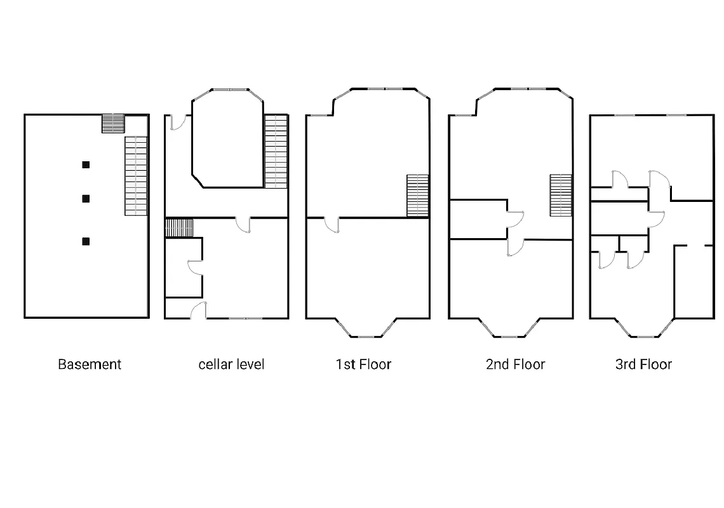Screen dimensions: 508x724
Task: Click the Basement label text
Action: coord(90,364)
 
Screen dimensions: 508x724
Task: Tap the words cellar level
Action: coord(231,364)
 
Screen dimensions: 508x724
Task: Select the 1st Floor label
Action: coord(363,364)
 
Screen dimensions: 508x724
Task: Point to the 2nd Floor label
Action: coord(515,364)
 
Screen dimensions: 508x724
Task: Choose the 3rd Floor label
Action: coord(643,364)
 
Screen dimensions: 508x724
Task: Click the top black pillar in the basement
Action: coord(86,165)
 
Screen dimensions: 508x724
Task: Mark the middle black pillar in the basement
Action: coord(86,199)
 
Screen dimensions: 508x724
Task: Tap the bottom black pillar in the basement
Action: coord(86,241)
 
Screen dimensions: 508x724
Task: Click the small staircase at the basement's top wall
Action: coord(113,123)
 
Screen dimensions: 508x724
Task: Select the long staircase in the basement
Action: coord(136,175)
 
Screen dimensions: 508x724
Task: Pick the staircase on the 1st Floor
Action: coord(417,196)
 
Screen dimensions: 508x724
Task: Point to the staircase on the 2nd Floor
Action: coord(561,196)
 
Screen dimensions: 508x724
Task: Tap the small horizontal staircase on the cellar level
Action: coord(179,227)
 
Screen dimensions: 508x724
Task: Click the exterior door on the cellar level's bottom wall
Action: coord(198,311)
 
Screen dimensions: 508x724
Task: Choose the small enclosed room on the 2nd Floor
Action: coord(478,220)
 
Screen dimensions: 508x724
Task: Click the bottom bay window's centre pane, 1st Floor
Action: coord(367,336)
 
